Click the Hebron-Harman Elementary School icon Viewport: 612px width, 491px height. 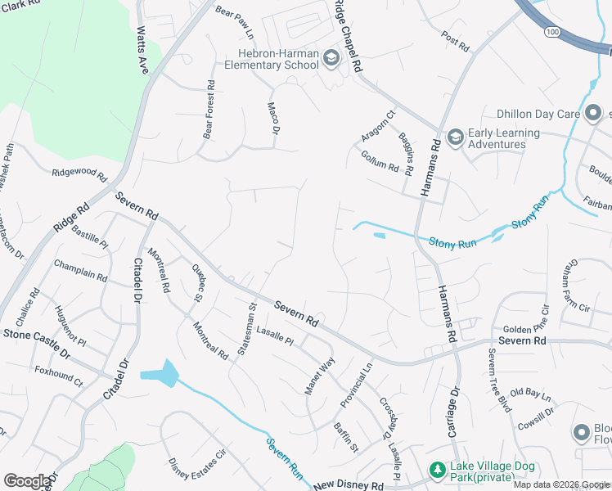331,58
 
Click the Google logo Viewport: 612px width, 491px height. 28,480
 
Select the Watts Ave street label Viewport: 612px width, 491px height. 143,51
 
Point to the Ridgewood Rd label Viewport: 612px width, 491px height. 79,174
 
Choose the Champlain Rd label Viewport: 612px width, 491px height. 80,271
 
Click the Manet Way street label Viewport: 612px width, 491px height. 320,376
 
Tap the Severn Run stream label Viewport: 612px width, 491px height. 286,459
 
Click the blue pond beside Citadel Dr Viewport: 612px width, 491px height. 161,373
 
